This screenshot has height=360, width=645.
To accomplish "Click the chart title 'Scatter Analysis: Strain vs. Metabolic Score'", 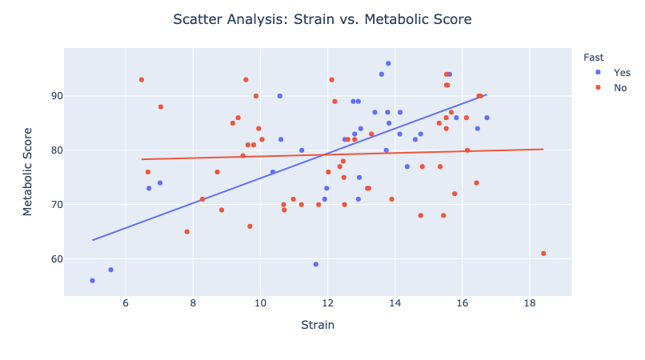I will click(322, 18).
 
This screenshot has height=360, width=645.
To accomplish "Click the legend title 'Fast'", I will click(593, 57).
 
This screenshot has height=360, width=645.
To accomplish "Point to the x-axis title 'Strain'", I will click(318, 325).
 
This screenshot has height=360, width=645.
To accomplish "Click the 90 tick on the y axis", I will click(54, 96).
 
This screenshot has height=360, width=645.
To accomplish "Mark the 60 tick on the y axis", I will click(54, 259).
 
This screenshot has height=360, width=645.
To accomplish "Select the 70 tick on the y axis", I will click(54, 205).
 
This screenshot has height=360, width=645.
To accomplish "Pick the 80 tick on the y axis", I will click(54, 150).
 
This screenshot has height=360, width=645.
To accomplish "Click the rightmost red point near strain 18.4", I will click(543, 254).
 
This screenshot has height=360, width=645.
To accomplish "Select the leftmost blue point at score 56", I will click(92, 281).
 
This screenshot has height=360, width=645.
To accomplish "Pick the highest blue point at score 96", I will click(388, 63).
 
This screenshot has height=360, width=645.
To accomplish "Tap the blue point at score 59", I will click(316, 264).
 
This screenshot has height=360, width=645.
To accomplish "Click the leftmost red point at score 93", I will click(142, 80).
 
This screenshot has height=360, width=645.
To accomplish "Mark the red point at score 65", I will click(187, 232).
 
